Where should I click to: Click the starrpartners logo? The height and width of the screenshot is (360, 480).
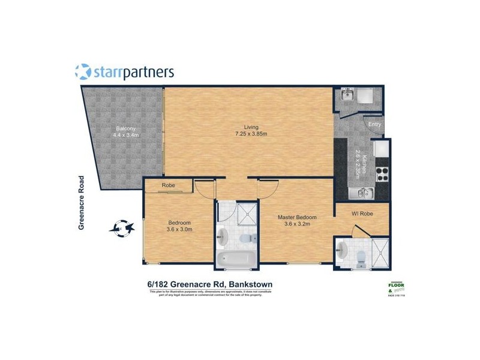coord(125,72)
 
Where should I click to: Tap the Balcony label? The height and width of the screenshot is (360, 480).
coord(125,131)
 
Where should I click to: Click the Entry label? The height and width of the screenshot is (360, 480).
coord(375,124)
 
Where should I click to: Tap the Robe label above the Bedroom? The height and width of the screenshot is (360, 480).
coord(168,186)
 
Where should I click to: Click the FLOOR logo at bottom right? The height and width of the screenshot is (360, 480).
coord(400,287)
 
